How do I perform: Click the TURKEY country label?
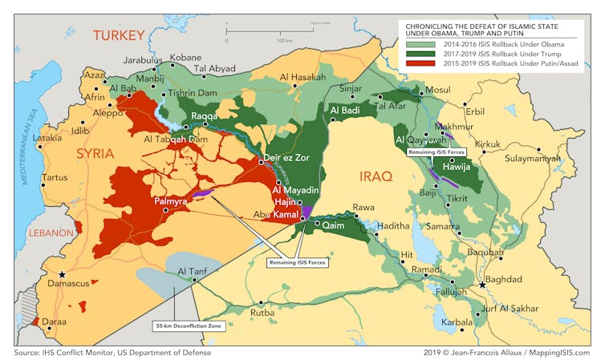[x=118, y=34]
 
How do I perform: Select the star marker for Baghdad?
[x=481, y=285]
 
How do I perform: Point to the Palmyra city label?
[x=170, y=201]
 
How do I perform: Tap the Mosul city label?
[x=438, y=90]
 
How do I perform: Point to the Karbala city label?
[x=457, y=322]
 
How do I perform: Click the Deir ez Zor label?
[x=286, y=158]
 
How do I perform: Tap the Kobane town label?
[x=185, y=59]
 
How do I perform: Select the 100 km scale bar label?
[x=284, y=40]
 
